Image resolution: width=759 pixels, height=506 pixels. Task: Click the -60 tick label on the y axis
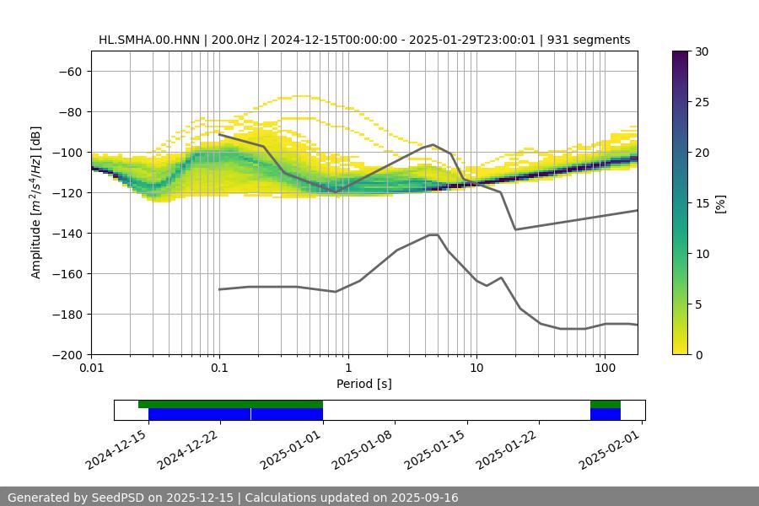[x=69, y=71]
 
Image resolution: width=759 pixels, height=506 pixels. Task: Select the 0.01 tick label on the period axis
[x=91, y=369]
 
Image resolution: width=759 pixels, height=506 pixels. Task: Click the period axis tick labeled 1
[x=347, y=369]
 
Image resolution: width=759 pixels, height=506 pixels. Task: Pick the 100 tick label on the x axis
[x=604, y=369]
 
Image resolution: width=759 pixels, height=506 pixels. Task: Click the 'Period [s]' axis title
[x=363, y=385]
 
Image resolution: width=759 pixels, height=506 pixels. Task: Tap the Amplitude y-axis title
[x=36, y=202]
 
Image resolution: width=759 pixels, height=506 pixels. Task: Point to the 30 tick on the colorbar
[x=701, y=51]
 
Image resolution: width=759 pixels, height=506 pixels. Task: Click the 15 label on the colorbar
[x=701, y=203]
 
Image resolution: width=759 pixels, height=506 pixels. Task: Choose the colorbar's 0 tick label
[x=697, y=354]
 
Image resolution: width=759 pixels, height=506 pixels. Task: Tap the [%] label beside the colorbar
[x=720, y=203]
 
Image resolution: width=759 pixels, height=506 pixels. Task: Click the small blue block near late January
[x=605, y=414]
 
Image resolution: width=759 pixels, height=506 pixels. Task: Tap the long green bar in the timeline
[x=230, y=404]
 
